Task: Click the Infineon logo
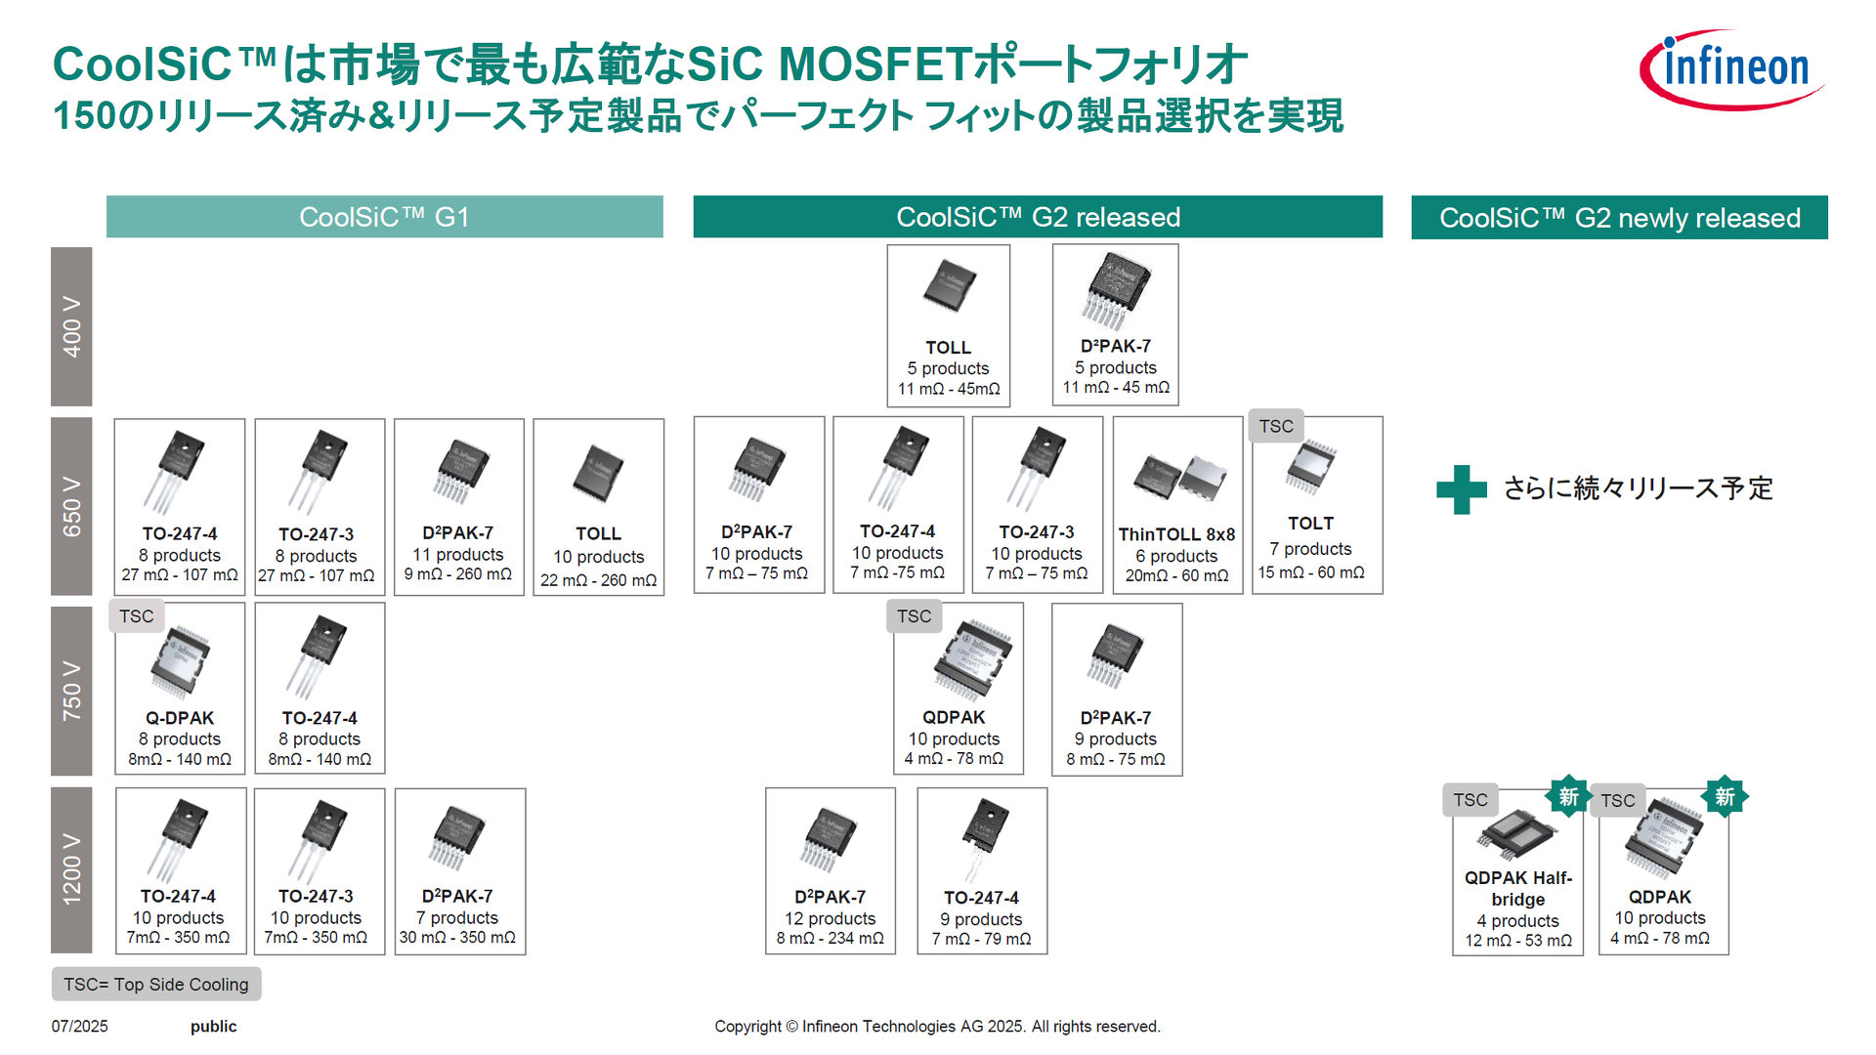[x=1731, y=68]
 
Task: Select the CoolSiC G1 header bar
[x=384, y=217]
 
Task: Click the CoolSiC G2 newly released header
[x=1619, y=218]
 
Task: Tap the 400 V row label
[x=71, y=326]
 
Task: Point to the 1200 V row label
[x=71, y=869]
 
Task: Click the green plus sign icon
[x=1461, y=489]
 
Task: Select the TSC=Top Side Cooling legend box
[x=156, y=984]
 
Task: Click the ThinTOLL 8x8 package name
[x=1176, y=534]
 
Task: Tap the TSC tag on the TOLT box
[x=1275, y=427]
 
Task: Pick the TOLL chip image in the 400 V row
[x=949, y=286]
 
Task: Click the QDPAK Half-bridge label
[x=1517, y=888]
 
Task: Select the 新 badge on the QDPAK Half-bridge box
[x=1568, y=797]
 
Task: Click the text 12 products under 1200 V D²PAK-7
[x=830, y=918]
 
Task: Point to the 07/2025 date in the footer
[x=80, y=1026]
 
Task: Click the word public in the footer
[x=213, y=1026]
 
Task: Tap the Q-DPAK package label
[x=180, y=718]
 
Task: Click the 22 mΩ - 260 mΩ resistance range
[x=598, y=580]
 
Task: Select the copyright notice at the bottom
[x=937, y=1026]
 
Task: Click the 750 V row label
[x=71, y=691]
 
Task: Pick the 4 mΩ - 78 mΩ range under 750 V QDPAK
[x=954, y=759]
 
